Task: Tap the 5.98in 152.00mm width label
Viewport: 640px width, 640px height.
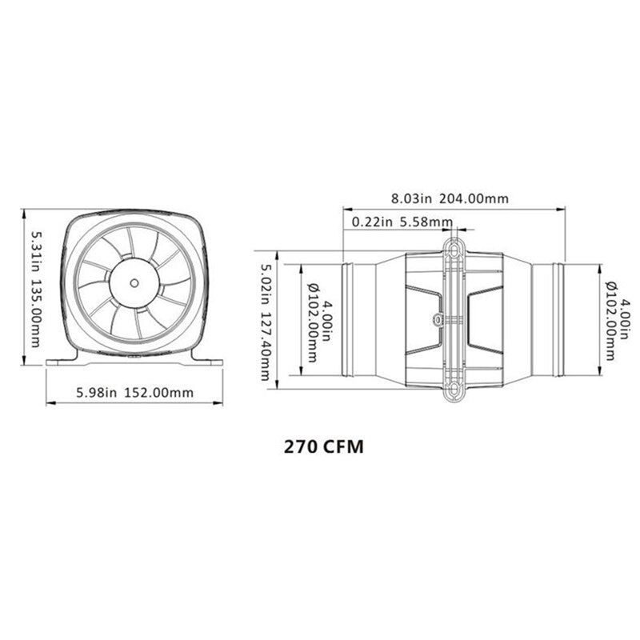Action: pyautogui.click(x=134, y=392)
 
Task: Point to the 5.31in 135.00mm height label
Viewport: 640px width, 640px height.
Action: pyautogui.click(x=35, y=289)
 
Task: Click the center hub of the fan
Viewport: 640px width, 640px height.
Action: pyautogui.click(x=134, y=282)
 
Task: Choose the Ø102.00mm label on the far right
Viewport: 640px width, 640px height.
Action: pyautogui.click(x=610, y=320)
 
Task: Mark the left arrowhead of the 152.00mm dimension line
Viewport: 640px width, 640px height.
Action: pyautogui.click(x=49, y=402)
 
